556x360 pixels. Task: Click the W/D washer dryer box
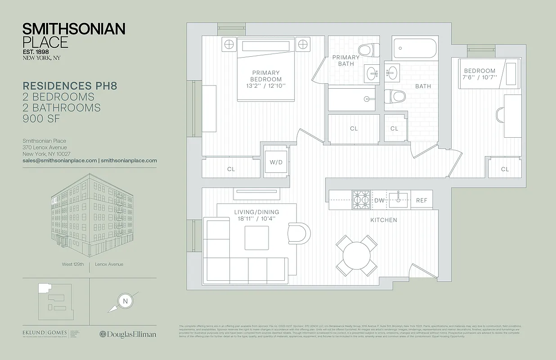[276, 162]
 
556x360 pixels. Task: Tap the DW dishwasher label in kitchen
[379, 200]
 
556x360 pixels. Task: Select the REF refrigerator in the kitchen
[421, 200]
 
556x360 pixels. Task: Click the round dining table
[357, 256]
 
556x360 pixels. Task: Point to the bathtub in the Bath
[415, 49]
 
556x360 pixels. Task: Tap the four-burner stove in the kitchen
[362, 199]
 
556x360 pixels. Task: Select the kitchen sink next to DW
[399, 199]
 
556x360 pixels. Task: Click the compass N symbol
[125, 301]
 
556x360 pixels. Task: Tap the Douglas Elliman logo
[128, 334]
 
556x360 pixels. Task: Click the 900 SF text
[41, 119]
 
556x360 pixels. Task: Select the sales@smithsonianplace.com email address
[60, 160]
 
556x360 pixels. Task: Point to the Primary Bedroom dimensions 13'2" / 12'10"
[265, 86]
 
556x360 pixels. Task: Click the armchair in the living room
[298, 233]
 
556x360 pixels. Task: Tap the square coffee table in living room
[256, 238]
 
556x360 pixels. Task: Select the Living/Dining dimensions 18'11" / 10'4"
[256, 219]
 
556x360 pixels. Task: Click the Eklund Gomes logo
[45, 333]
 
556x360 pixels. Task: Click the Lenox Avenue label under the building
[109, 264]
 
